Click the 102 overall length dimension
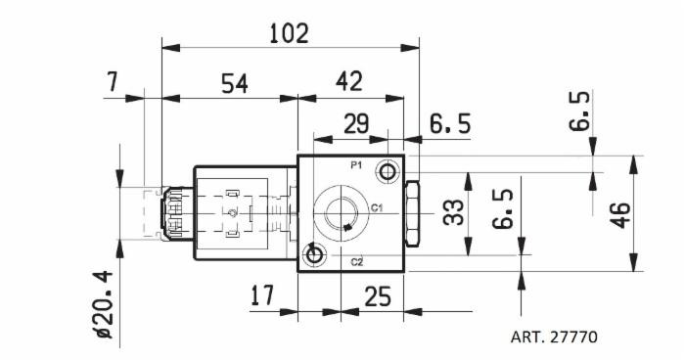pos(289,33)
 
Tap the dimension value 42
pos(349,83)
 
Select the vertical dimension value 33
pos(453,212)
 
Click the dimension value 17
pos(261,294)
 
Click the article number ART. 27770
pos(553,337)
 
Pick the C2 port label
pos(357,260)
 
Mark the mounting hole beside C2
pos(314,255)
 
